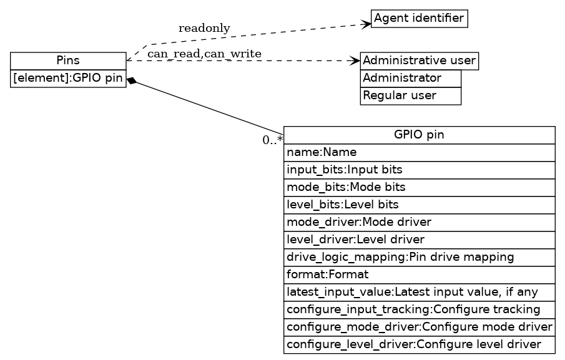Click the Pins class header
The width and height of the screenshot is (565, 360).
[68, 61]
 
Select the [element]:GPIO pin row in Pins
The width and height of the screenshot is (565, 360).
[68, 79]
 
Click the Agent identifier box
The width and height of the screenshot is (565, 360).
[419, 19]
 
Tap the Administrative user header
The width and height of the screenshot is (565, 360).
[419, 61]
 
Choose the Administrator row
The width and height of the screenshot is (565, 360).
[410, 79]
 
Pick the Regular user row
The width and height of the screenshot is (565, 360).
[410, 96]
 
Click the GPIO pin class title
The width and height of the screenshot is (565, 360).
[419, 135]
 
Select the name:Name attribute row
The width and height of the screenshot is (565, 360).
[419, 152]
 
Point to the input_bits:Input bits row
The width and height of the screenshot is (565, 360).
[419, 170]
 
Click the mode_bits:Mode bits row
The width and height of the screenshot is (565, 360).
[419, 187]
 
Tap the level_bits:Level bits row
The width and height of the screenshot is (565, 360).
[419, 205]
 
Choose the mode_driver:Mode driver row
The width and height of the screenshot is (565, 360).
[419, 222]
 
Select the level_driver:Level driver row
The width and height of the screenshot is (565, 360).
[419, 240]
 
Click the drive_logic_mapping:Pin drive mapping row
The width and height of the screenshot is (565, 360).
[419, 257]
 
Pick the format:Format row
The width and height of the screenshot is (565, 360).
[419, 275]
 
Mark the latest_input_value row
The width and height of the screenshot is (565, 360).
[419, 292]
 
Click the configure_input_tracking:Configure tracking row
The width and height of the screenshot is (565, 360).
[419, 309]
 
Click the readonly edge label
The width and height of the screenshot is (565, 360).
[204, 28]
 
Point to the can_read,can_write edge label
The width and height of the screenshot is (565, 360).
[204, 54]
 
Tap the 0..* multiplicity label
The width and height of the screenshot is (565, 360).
[273, 140]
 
